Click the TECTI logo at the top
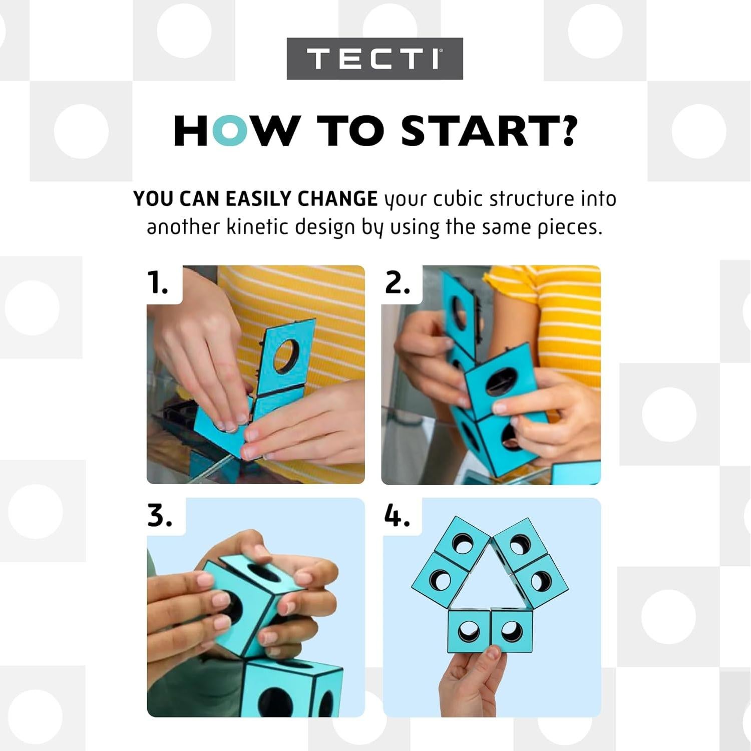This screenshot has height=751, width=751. pos(374,59)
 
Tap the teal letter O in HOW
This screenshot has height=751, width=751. pos(229,131)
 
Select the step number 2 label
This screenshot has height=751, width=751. pos(398,283)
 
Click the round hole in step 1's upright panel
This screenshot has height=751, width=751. pos(286,355)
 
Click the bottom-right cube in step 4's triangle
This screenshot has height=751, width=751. pos(511,631)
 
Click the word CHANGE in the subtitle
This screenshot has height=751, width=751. pos(337,199)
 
